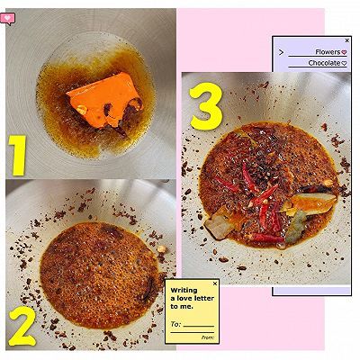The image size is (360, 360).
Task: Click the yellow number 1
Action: [18, 156]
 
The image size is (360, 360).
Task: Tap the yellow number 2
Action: [22, 327]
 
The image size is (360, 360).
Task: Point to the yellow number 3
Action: [206, 107]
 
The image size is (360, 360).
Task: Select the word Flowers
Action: [328, 52]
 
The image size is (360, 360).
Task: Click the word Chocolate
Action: [324, 63]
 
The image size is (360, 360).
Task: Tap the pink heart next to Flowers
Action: [344, 52]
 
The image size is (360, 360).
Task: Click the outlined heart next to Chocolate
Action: [344, 63]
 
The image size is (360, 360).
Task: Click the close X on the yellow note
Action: [215, 283]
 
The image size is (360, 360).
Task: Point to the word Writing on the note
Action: [184, 291]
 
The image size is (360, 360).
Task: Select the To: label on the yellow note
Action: [175, 324]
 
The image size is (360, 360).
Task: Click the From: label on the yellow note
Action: [208, 337]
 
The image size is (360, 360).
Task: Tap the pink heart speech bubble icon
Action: [7, 19]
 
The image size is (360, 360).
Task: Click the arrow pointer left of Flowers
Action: [281, 52]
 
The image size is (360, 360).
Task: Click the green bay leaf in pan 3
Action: [295, 227]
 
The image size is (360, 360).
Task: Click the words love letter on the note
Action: [195, 299]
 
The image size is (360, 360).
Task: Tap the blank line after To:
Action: [199, 326]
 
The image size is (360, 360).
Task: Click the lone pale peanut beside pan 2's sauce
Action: [162, 249]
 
